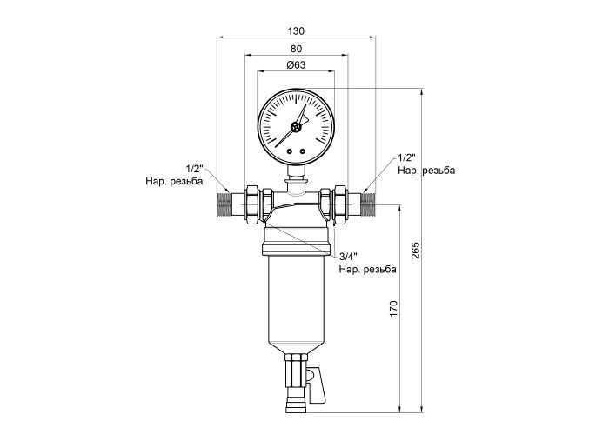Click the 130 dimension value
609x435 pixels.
(297, 30)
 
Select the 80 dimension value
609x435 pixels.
(296, 49)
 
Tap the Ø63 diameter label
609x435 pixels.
(296, 65)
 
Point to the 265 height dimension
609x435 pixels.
(415, 251)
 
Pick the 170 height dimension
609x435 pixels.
(393, 308)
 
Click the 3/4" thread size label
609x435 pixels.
(348, 257)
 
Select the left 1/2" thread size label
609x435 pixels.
(195, 169)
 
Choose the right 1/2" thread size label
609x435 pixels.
(406, 157)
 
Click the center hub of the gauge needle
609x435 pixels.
(296, 127)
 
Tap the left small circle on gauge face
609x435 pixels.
(290, 151)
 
